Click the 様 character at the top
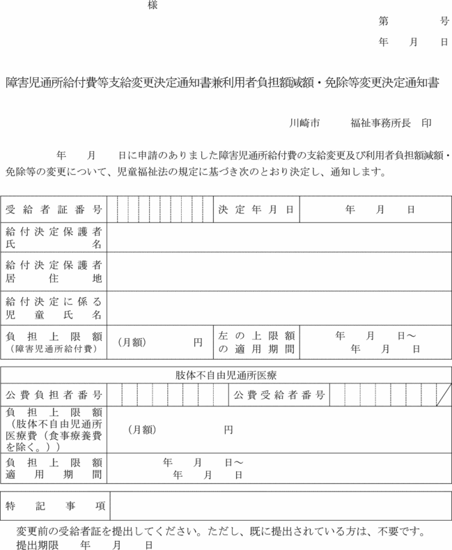pos(153,5)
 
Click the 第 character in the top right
pos(383,22)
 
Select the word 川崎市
pos(304,123)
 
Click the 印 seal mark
pos(426,123)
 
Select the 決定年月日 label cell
pos(256,209)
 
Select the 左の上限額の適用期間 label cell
pos(256,342)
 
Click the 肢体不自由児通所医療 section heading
pos(226,375)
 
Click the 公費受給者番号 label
pos(279,395)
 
